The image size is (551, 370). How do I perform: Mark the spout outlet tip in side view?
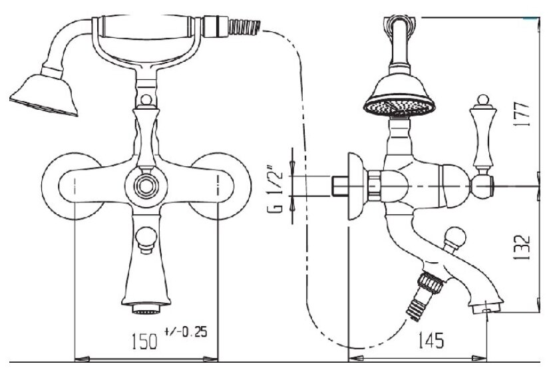coord(486,308)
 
